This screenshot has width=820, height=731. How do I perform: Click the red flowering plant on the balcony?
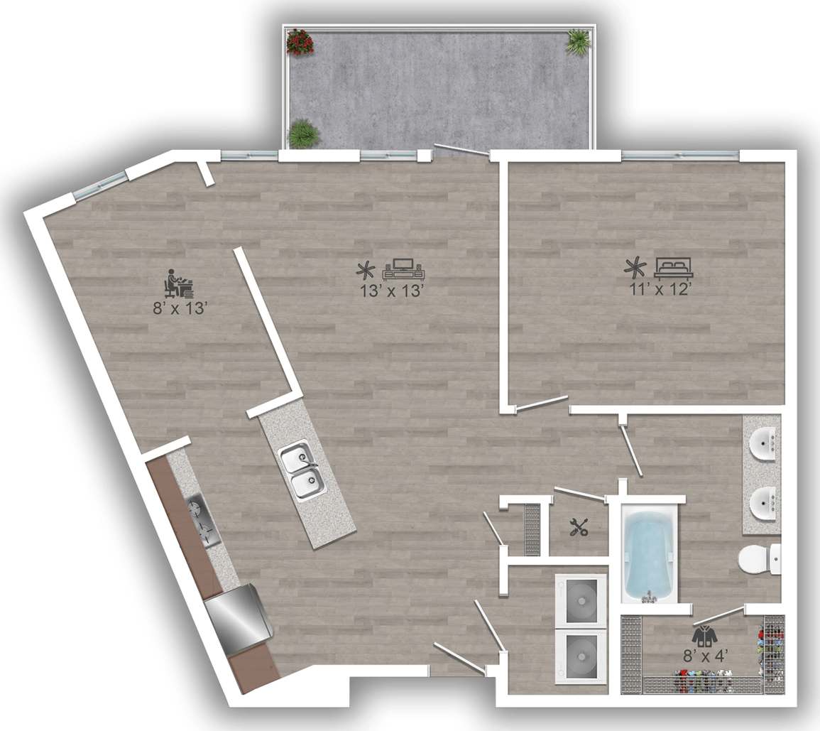[x=299, y=41]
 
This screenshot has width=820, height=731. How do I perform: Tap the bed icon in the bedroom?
[x=672, y=268]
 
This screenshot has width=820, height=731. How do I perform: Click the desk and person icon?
[x=178, y=284]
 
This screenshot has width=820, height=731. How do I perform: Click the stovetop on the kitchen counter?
[x=202, y=520]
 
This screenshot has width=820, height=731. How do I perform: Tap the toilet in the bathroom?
[x=758, y=561]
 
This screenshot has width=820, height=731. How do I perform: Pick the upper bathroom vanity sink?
[x=764, y=443]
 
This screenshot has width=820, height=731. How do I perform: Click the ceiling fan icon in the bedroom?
[x=635, y=268]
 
